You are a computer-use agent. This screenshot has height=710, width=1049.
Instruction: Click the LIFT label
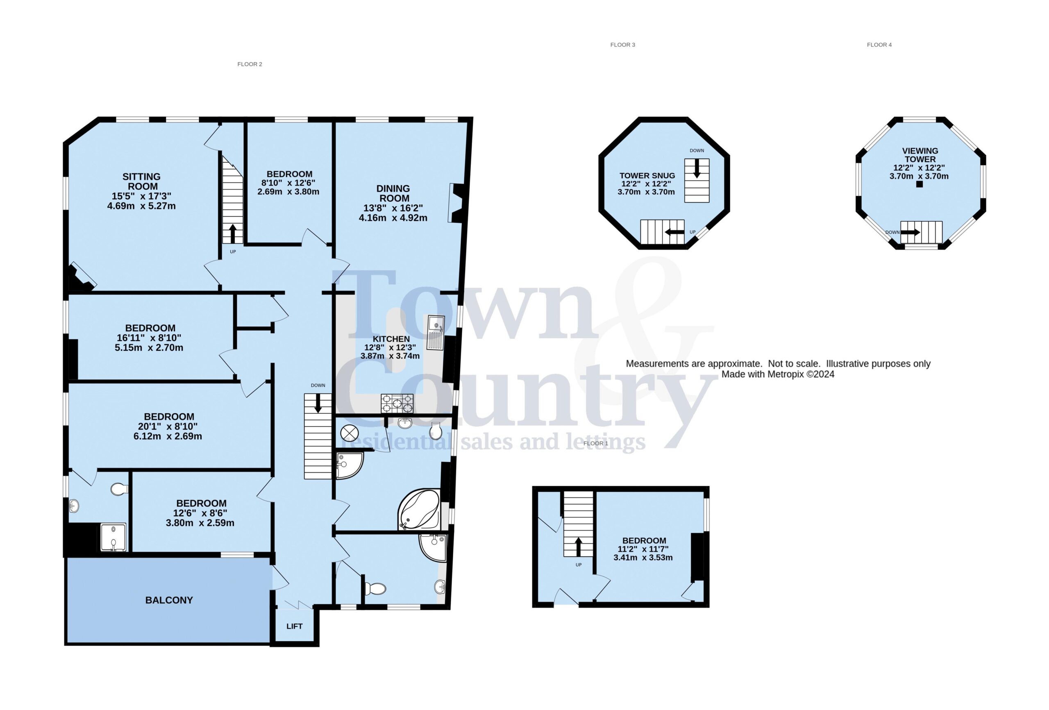point(294,626)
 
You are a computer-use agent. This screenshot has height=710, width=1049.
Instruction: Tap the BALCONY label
point(169,600)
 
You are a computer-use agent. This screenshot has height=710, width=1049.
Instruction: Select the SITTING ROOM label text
point(141,181)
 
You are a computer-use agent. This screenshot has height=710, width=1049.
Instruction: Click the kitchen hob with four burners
point(397,403)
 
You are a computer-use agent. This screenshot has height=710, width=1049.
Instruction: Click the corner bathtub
point(418,510)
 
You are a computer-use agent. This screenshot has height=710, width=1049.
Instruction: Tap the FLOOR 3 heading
point(622,45)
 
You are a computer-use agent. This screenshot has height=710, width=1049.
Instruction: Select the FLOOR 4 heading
point(879,45)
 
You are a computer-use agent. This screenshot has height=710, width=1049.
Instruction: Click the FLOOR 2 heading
point(250,64)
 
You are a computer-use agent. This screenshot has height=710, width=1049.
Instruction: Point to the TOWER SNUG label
point(647,176)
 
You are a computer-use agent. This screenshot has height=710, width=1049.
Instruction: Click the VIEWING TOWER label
point(920,155)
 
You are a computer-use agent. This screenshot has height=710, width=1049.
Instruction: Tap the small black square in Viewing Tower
point(920,184)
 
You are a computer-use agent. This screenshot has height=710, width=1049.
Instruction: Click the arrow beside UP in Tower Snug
point(674,232)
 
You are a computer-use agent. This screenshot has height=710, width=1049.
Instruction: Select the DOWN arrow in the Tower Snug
point(697,168)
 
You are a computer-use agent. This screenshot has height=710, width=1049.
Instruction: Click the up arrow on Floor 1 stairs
point(578,547)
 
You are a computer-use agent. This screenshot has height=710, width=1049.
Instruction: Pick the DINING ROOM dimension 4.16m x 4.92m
point(393,218)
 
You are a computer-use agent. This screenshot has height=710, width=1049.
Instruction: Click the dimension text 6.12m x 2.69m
point(168,436)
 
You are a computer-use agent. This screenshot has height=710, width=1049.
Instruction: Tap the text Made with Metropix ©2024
point(778,374)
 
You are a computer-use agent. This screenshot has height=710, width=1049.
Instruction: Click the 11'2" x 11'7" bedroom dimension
point(643,549)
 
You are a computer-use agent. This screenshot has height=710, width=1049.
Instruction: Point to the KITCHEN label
point(391,339)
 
